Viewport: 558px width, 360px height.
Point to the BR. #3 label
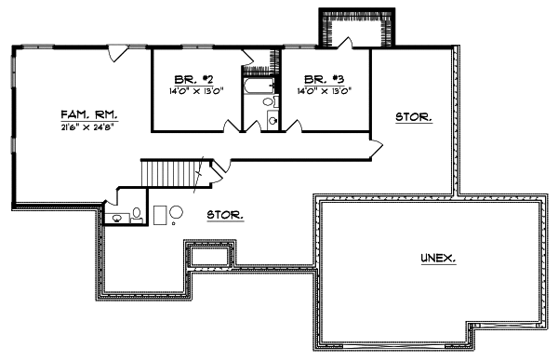tap(322, 80)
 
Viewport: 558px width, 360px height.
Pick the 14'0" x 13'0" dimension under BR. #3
tap(322, 91)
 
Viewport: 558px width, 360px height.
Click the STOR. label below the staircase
tap(225, 214)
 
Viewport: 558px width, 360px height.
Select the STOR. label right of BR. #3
tap(412, 117)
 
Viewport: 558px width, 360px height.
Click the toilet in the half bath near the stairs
tap(137, 213)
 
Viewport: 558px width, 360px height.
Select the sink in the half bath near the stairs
tap(117, 219)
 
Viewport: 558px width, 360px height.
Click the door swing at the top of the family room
tap(116, 54)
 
